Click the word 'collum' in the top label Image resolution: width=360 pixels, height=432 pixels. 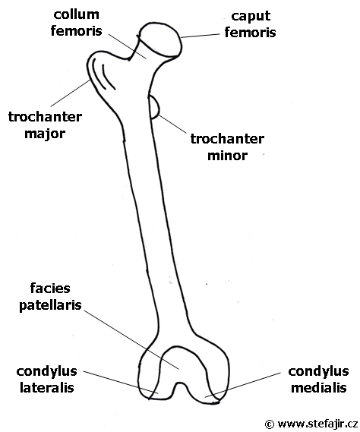tap(77, 14)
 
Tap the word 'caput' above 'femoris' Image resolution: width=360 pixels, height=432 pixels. tap(251, 17)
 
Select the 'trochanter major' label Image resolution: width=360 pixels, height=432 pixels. tap(45, 125)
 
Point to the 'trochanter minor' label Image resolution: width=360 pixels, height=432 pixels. tap(227, 147)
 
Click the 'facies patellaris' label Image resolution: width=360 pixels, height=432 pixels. tap(50, 297)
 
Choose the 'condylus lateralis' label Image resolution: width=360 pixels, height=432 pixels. tap(46, 380)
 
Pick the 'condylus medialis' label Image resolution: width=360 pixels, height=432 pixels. tap(318, 380)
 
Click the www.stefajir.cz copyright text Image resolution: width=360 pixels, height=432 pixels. tap(311, 424)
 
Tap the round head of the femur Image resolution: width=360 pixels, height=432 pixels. tap(160, 39)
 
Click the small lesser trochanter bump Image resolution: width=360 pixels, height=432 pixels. tap(154, 107)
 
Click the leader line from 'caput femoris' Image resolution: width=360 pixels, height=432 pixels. tap(201, 36)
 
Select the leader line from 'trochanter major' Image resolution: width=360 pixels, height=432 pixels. tap(71, 93)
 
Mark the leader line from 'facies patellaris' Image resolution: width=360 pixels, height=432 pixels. tap(131, 340)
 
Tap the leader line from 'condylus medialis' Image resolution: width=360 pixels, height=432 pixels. tap(242, 385)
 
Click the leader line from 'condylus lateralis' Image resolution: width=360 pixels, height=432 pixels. tap(121, 383)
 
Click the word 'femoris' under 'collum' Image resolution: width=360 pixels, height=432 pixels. tap(77, 31)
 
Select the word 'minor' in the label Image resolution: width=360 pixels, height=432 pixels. tap(227, 156)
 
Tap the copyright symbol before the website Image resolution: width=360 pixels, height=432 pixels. tap(270, 424)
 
